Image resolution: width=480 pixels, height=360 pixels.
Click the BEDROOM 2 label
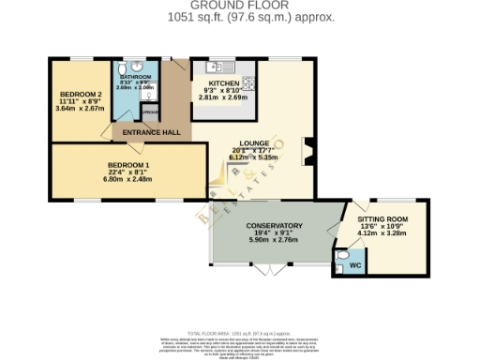[x=81, y=95]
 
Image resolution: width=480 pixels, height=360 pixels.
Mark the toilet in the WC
[x=341, y=255]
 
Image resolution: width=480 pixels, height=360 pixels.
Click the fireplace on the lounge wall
[x=307, y=149]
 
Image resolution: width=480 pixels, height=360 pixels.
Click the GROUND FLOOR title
[x=239, y=6]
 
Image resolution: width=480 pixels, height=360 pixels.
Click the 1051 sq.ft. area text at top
[x=239, y=17]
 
